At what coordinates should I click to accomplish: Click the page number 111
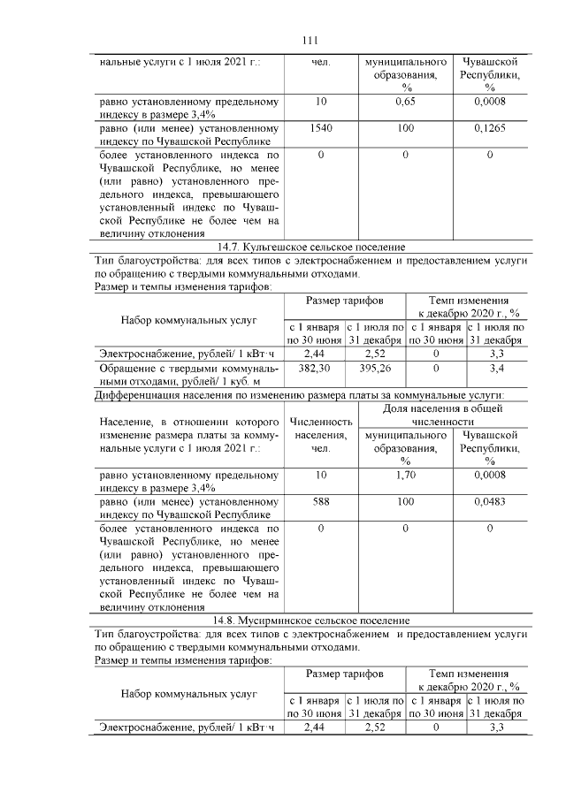tap(310, 41)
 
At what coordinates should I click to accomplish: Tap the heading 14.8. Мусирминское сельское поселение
tap(310, 621)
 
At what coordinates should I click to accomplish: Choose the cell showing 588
tap(320, 502)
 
